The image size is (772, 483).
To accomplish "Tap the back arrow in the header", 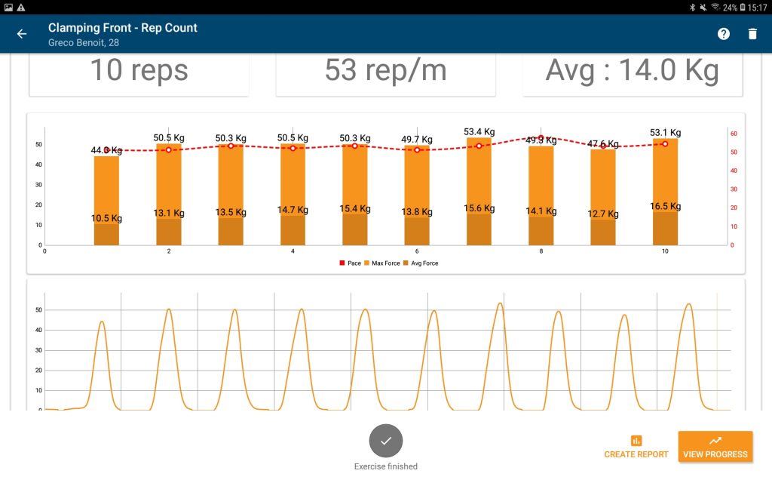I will [22, 34].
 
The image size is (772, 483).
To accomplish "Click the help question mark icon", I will [724, 34].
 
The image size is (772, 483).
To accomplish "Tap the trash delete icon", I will [752, 34].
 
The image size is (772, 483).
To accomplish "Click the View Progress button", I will [715, 447].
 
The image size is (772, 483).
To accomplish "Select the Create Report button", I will [636, 447].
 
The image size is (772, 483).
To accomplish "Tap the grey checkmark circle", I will [386, 441].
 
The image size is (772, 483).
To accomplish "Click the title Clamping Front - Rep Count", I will [123, 28].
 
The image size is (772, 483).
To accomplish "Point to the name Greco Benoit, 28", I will [84, 43].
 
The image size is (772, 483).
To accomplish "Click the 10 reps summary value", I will [139, 70].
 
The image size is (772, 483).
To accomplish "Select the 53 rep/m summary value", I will [385, 70].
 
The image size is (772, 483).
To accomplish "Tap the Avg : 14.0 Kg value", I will [632, 70].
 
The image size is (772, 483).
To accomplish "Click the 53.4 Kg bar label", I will [479, 132].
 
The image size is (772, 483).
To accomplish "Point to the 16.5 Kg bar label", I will [666, 206].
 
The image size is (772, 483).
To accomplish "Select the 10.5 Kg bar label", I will [106, 219].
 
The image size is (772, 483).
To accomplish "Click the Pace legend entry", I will [351, 263].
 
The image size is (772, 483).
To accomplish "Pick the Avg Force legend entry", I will [420, 263].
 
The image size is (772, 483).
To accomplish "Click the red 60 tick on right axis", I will [734, 134].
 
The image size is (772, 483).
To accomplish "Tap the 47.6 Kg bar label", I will [603, 143].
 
